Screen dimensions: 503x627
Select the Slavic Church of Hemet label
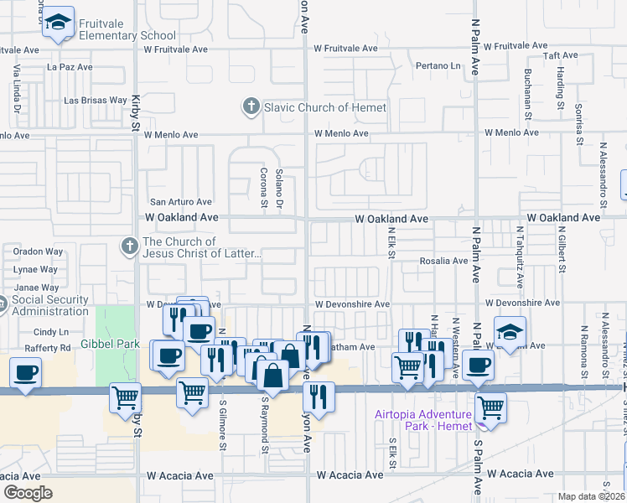(x=325, y=107)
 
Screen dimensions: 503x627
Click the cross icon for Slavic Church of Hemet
(x=250, y=107)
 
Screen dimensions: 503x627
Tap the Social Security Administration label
(x=51, y=305)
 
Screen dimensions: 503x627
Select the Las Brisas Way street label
(x=96, y=101)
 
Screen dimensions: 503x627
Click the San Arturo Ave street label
(x=180, y=202)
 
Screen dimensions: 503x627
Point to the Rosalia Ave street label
(x=443, y=261)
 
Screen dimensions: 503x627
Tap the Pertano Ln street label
(x=439, y=65)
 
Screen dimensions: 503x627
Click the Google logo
(x=28, y=493)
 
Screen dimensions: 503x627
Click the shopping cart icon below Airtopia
(x=490, y=408)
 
